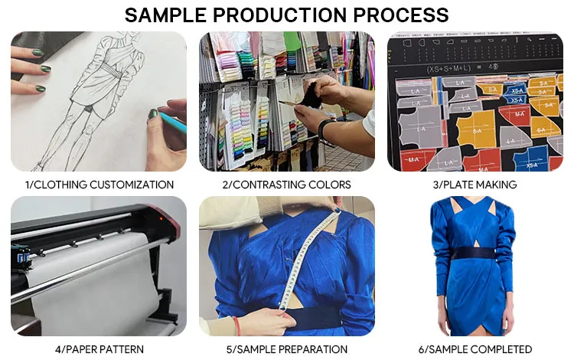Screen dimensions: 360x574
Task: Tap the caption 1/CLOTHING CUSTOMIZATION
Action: point(99,185)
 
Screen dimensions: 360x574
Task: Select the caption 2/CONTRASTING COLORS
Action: point(287,185)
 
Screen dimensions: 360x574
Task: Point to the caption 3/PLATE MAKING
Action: point(475,185)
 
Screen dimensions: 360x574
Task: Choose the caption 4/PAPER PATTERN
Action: point(99,349)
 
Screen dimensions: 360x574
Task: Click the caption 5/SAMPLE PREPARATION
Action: point(287,349)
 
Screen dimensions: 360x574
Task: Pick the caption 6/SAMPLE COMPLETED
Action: point(475,349)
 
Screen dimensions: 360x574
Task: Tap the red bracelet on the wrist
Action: point(236,326)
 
